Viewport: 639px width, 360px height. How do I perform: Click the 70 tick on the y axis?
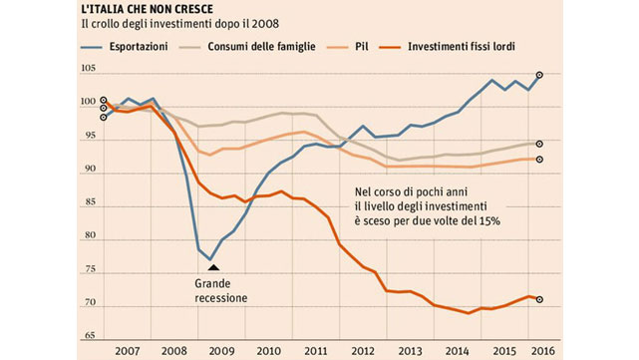click(x=91, y=302)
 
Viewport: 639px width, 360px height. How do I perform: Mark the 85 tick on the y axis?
click(x=91, y=202)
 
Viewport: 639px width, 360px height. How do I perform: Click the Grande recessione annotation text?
click(x=220, y=289)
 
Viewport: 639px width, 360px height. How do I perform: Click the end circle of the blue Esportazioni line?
click(x=539, y=75)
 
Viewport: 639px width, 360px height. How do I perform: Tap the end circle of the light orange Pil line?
click(x=539, y=159)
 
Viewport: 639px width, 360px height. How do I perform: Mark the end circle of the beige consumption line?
click(x=539, y=144)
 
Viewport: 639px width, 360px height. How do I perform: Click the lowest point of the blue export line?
click(x=210, y=259)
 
